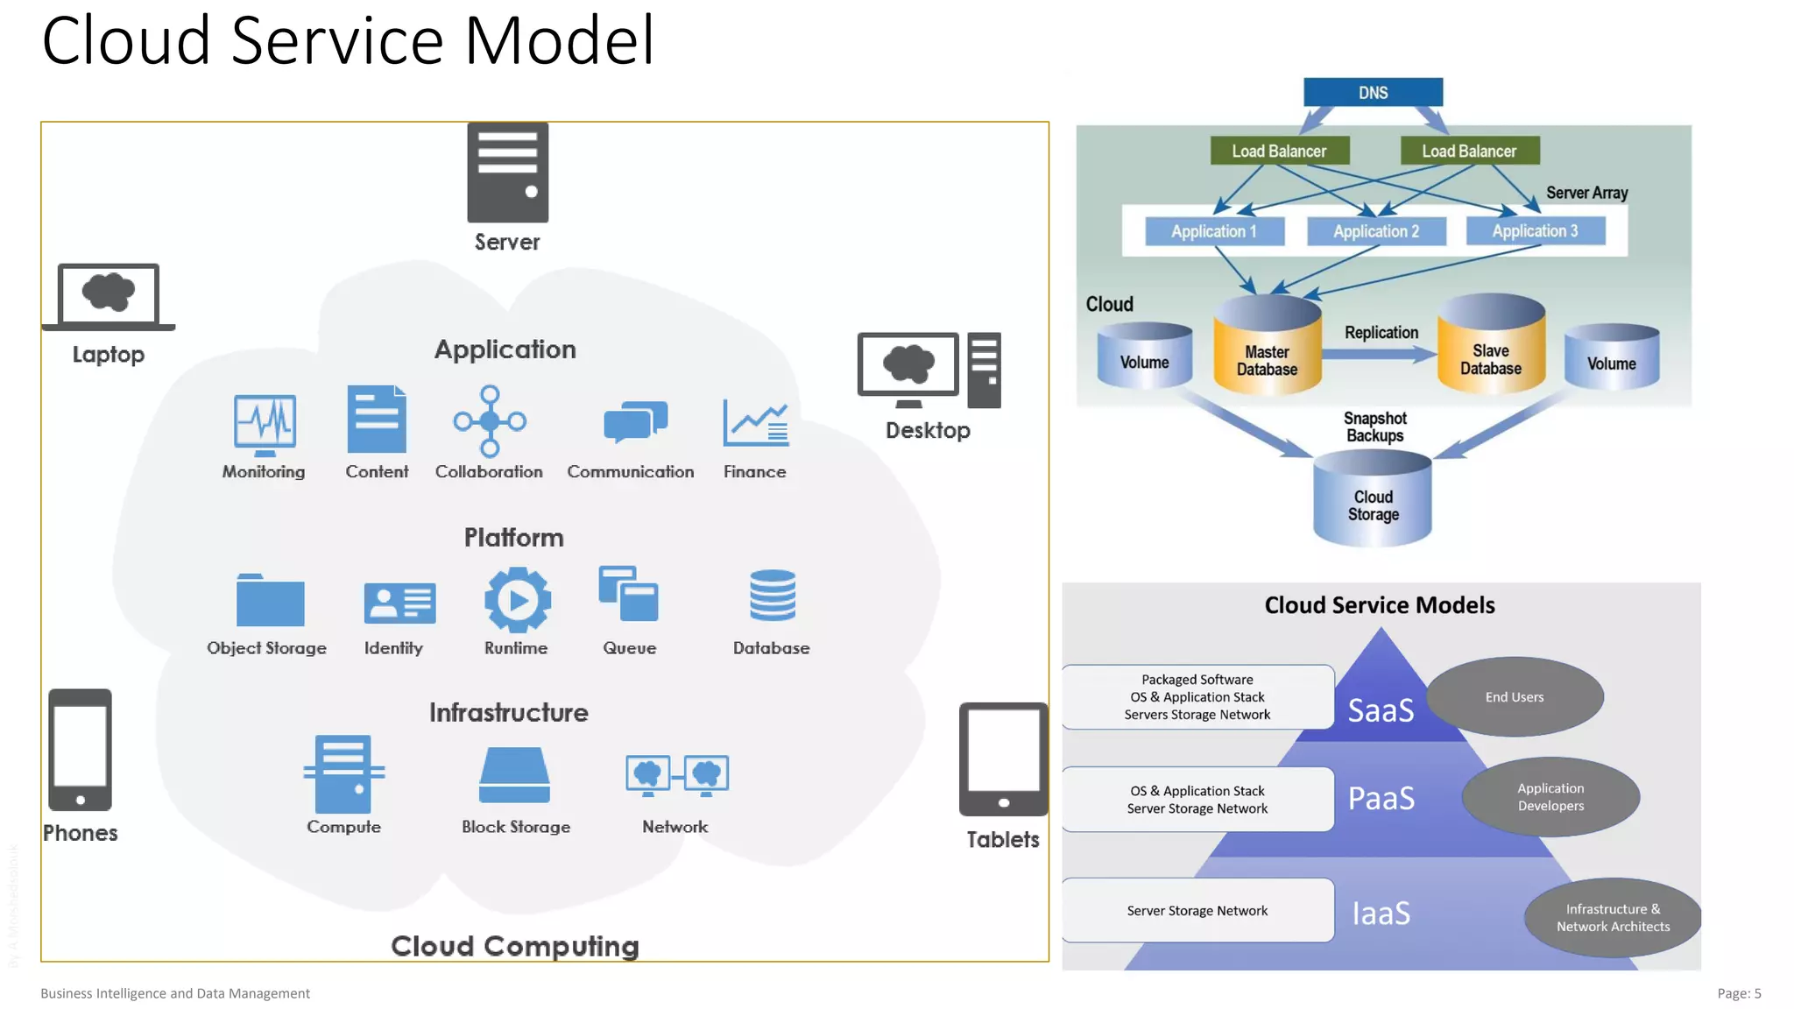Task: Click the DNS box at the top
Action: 1373,92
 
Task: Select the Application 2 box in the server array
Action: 1375,231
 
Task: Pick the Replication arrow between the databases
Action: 1379,354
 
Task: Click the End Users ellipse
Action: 1515,697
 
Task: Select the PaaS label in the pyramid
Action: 1381,798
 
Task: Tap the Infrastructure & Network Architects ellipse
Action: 1612,917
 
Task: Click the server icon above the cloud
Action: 507,173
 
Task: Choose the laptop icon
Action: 109,297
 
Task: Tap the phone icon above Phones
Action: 80,750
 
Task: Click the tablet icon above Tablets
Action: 1003,759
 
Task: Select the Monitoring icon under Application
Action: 265,425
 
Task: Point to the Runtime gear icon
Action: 518,600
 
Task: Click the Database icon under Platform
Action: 772,596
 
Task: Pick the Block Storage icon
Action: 515,775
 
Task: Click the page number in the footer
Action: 1738,993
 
